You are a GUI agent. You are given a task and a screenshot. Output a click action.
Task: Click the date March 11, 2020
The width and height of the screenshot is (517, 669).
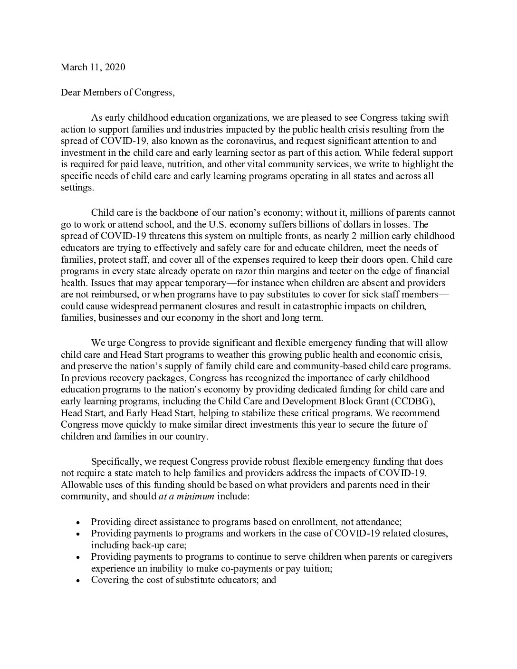coord(93,67)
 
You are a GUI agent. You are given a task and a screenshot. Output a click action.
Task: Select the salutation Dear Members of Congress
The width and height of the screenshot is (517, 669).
coord(117,92)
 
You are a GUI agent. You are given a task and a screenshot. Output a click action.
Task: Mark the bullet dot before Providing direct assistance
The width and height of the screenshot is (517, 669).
coord(78,521)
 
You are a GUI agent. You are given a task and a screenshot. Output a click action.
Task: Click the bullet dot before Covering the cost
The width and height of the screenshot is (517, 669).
coord(78,581)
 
